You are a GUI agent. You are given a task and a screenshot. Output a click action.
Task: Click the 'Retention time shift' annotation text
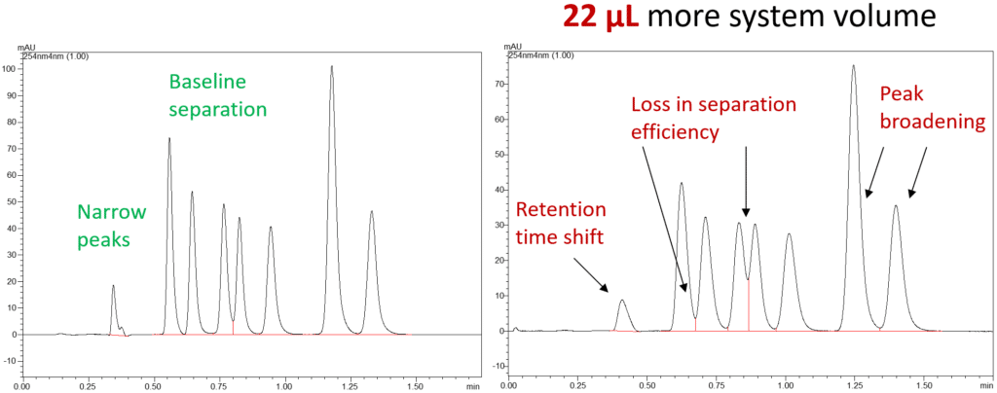(x=561, y=223)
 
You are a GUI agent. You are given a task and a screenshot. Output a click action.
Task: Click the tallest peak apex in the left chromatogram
(x=332, y=67)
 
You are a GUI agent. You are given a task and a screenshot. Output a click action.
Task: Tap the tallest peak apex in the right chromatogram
(x=853, y=66)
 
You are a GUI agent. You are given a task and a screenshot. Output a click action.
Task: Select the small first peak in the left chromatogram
(x=113, y=286)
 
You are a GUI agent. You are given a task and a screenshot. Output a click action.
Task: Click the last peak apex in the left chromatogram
(x=372, y=211)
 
